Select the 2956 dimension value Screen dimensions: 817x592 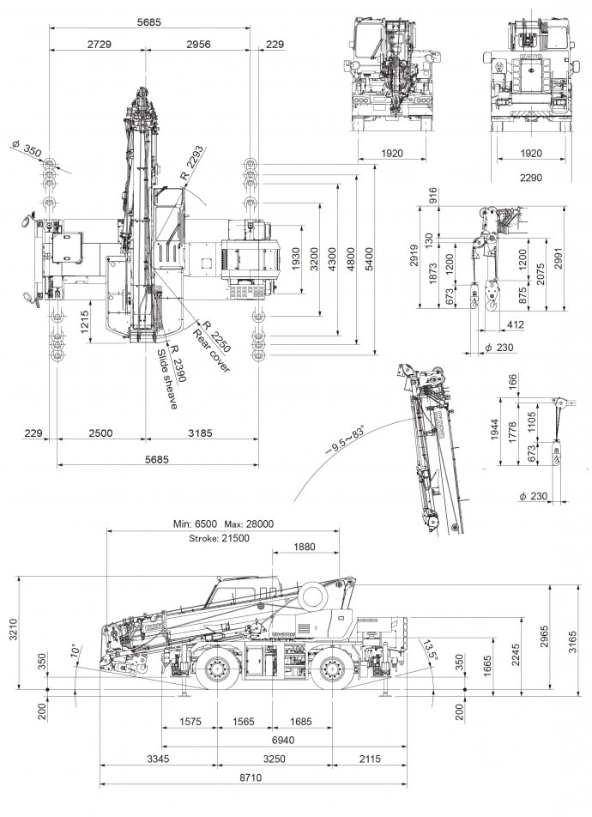[x=202, y=44]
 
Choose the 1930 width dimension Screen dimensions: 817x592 [x=296, y=260]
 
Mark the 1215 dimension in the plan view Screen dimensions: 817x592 [x=85, y=323]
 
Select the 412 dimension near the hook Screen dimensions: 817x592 [x=516, y=325]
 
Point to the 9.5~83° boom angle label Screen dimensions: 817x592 [x=345, y=443]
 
